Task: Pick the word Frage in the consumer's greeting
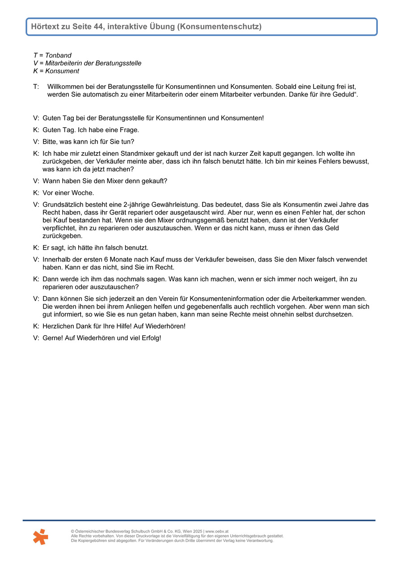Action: pyautogui.click(x=129, y=130)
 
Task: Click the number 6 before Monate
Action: pyautogui.click(x=106, y=259)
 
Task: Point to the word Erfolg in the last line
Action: pyautogui.click(x=149, y=338)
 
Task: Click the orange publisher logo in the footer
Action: pyautogui.click(x=40, y=536)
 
